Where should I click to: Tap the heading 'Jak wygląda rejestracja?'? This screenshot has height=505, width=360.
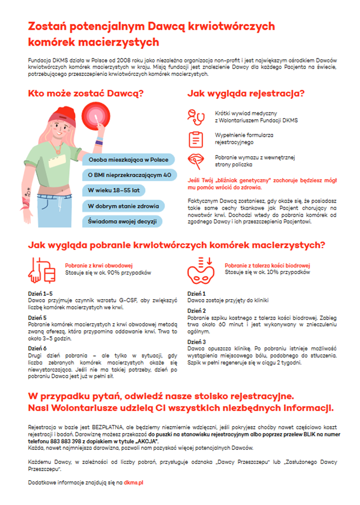(x=246, y=94)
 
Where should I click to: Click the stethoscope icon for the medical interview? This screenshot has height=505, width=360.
(x=195, y=117)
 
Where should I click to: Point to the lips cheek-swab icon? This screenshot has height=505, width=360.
(x=195, y=161)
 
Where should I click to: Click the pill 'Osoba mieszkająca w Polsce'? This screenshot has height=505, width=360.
(x=128, y=160)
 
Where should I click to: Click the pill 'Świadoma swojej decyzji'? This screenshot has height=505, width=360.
(x=121, y=221)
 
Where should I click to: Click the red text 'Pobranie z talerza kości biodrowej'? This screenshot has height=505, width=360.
(x=268, y=265)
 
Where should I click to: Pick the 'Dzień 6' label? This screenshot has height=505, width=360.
(x=38, y=349)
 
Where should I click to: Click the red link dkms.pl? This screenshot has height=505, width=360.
(x=134, y=483)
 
